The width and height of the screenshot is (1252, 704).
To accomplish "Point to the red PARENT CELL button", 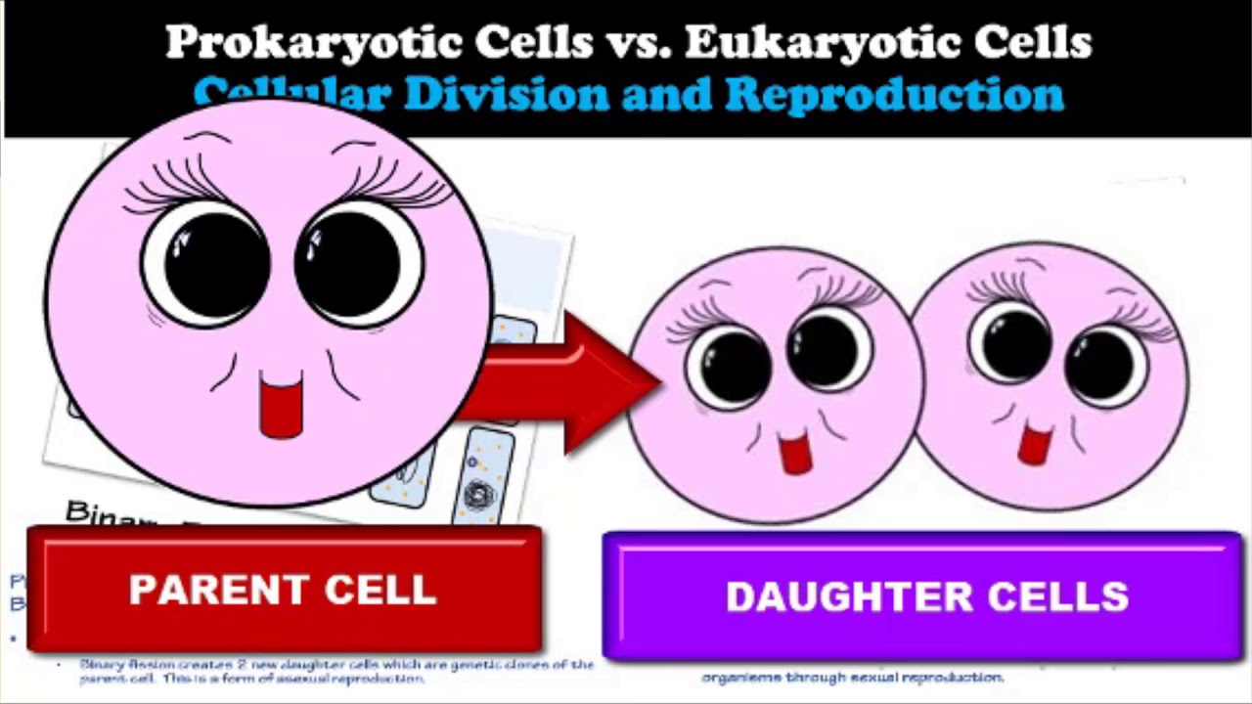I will (x=284, y=590).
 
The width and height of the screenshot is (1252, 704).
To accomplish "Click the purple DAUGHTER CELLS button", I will (x=923, y=596).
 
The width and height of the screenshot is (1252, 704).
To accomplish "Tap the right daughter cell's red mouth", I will (x=1034, y=442).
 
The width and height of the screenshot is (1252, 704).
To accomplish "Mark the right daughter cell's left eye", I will (x=1013, y=343).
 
